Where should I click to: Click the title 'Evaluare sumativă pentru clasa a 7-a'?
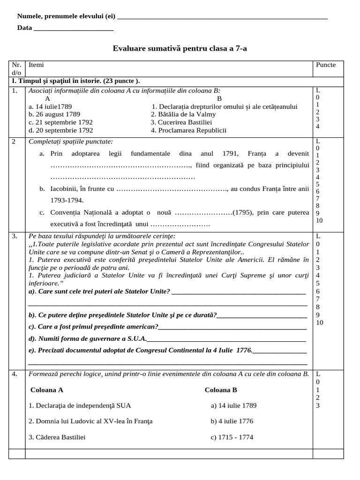180,48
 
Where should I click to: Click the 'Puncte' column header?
326,65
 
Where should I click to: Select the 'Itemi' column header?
36,65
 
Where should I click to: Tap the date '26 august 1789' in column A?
54,114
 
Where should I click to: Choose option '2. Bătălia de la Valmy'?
183,114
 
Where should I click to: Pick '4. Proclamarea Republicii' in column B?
188,130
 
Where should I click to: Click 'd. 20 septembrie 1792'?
60,130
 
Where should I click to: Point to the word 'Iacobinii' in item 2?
64,188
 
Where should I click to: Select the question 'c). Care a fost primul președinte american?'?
93,326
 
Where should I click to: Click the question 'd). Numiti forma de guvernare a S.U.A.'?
88,338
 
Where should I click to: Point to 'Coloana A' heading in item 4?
46,390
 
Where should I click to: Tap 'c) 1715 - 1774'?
232,437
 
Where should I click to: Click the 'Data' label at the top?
24,28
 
